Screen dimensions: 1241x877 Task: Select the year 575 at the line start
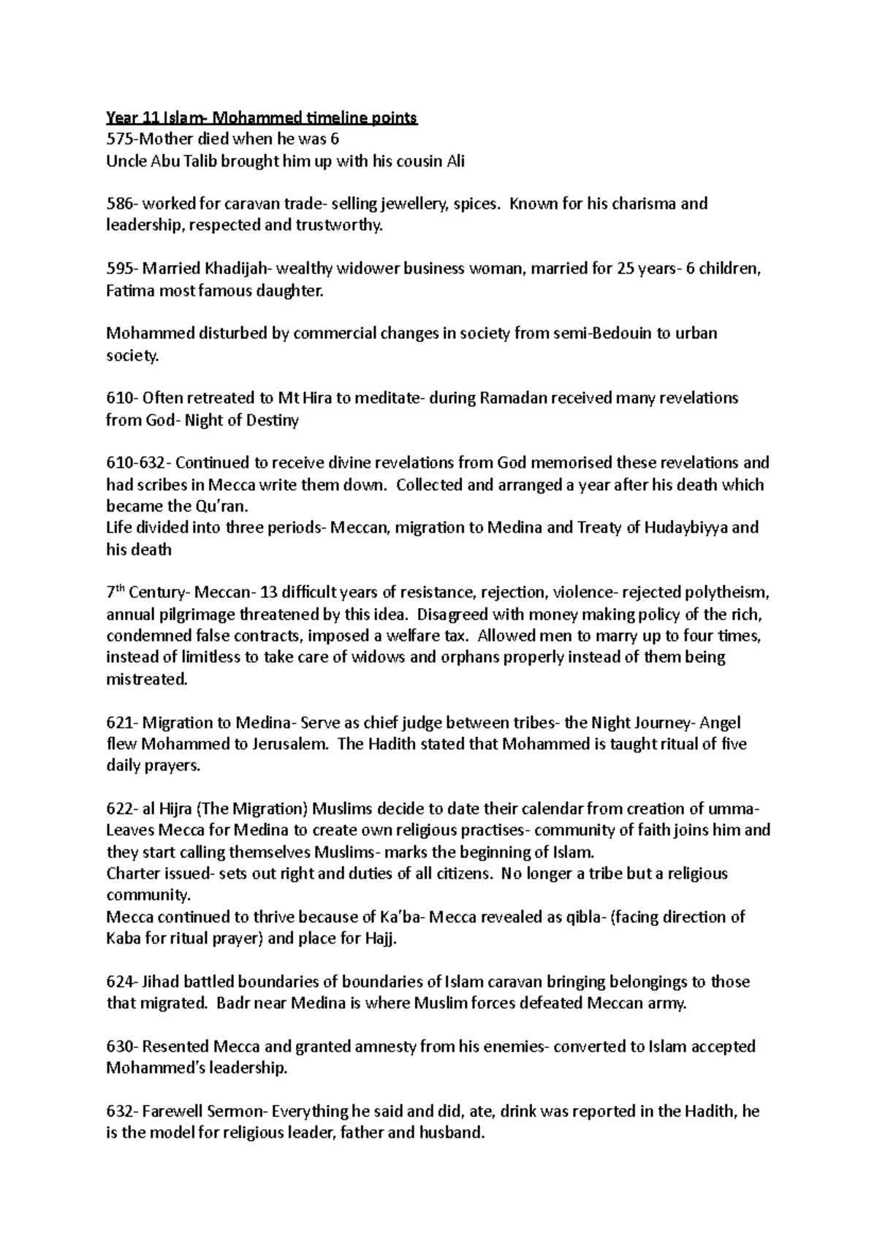118,140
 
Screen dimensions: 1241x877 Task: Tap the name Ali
455,161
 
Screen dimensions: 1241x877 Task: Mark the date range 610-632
136,463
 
